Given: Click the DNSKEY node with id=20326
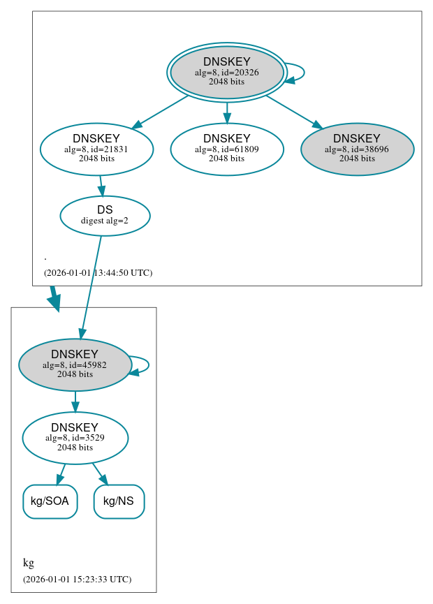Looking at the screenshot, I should (x=226, y=72).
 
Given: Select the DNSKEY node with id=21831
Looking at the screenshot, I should (x=96, y=149).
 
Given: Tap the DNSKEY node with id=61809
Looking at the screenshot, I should (x=226, y=149).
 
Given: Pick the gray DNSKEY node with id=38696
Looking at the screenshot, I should (x=357, y=149).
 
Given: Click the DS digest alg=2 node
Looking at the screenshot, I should (x=105, y=215).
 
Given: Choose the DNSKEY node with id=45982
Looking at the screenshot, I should (x=75, y=364).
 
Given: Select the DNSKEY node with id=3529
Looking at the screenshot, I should (x=75, y=438).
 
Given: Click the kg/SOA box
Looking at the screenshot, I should (x=50, y=501).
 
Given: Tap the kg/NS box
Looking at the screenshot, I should (x=119, y=501).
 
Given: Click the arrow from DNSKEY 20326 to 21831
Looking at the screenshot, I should (x=160, y=112).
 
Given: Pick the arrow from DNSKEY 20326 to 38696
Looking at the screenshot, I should (x=293, y=112).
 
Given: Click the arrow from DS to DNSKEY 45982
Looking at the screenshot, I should (x=91, y=286).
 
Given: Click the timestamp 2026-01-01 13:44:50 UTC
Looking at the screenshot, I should (x=98, y=272).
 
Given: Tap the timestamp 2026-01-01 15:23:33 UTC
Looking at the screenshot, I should (x=77, y=579).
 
